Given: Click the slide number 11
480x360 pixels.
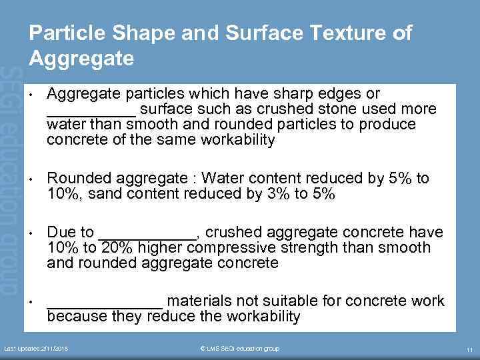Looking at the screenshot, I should click(469, 349).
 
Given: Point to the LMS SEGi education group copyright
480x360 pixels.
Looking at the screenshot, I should click(240, 349).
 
